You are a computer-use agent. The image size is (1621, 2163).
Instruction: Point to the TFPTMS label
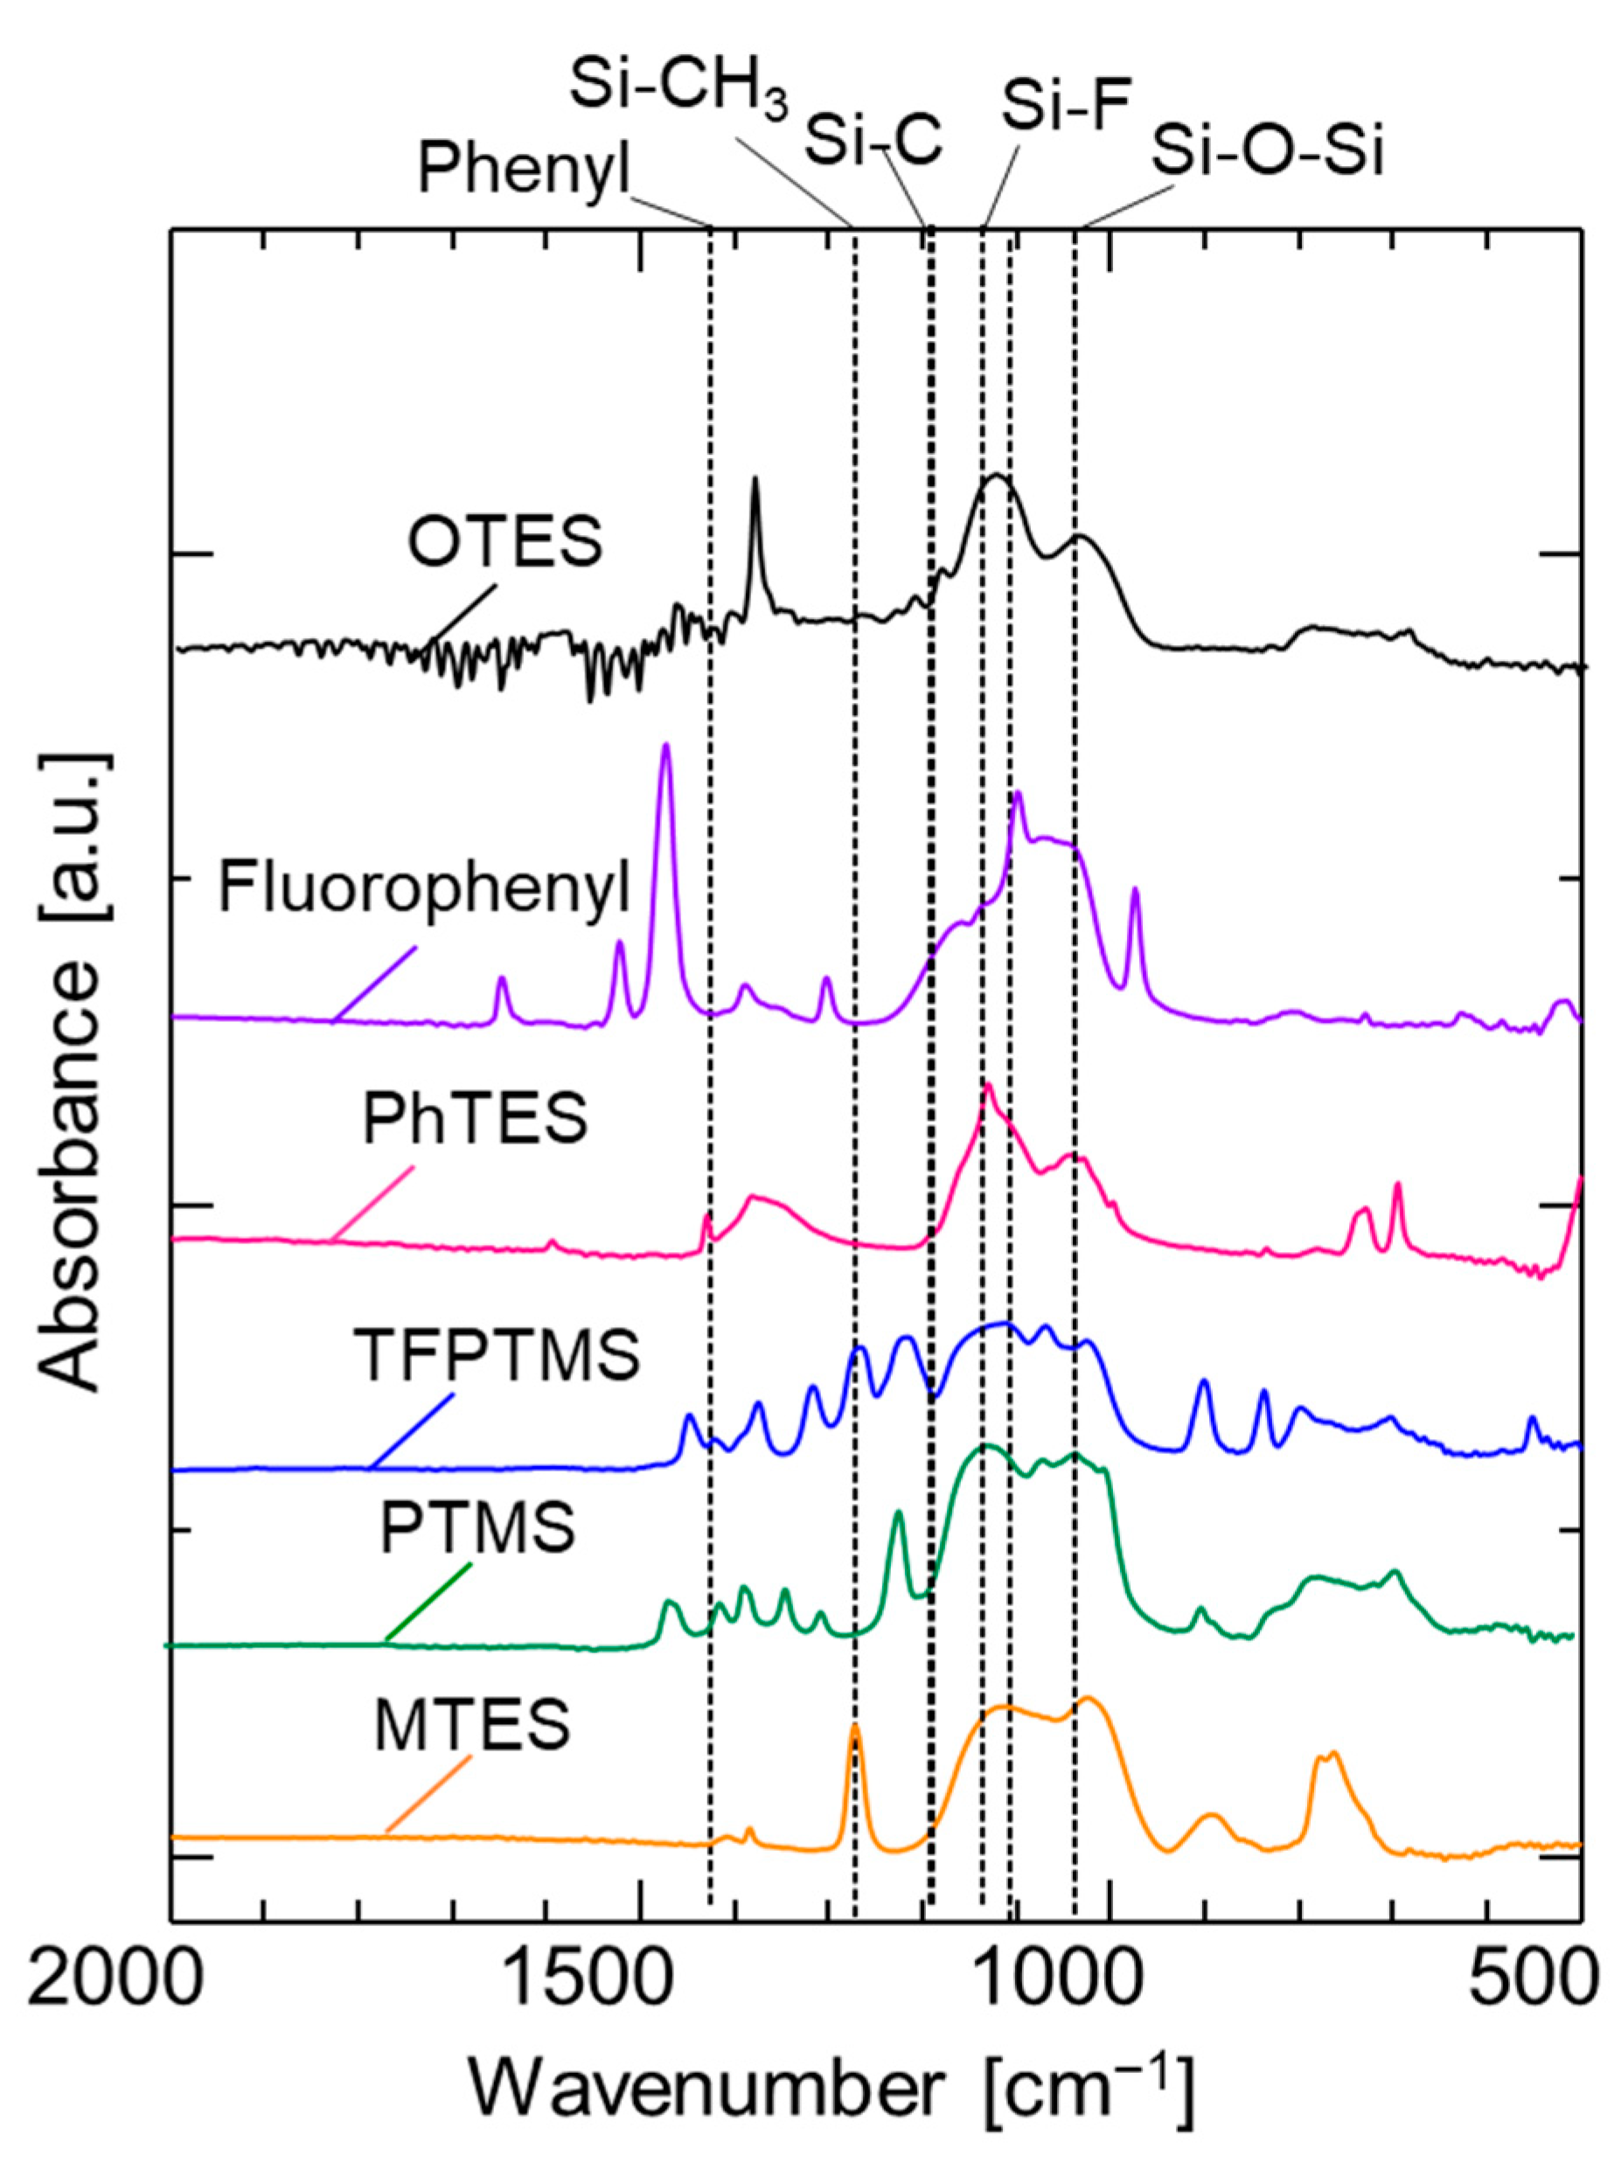[502, 1355]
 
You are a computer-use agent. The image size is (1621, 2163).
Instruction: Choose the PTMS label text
[477, 1529]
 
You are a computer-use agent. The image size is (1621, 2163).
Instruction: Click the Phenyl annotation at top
[525, 170]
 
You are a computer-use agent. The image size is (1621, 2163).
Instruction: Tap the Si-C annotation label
[873, 138]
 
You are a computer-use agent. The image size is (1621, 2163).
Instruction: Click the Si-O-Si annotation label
[1267, 152]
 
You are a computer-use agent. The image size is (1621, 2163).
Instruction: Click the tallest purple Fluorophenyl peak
[666, 748]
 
